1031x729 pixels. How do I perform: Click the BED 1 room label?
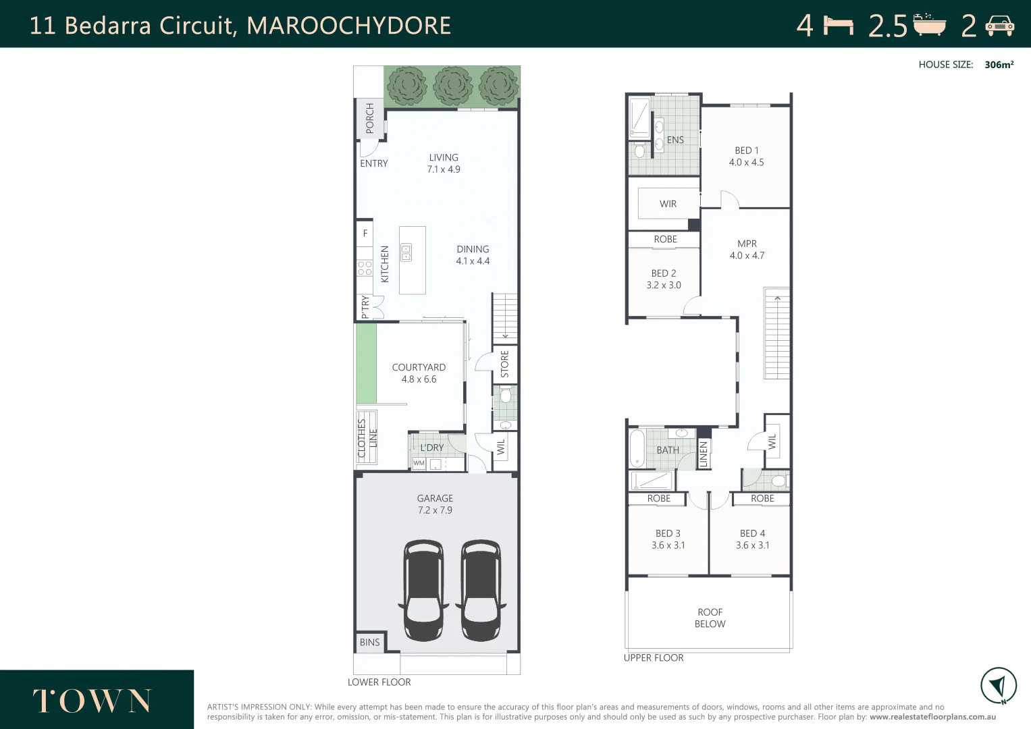(746, 156)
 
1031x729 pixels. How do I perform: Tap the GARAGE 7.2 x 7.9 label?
(435, 504)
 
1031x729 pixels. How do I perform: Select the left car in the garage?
(423, 590)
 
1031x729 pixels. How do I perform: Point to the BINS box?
(369, 642)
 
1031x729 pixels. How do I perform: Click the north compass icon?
(998, 686)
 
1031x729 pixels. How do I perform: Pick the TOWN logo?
(92, 701)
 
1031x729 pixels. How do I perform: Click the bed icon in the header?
(839, 26)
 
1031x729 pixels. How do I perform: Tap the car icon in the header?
(999, 26)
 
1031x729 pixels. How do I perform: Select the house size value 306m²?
(999, 65)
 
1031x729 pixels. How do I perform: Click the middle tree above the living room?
(452, 86)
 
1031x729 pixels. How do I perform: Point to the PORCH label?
(369, 118)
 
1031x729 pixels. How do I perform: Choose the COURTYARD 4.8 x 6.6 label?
(419, 373)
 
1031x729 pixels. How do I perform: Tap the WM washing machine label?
(419, 463)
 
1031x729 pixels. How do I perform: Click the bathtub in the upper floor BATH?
(637, 448)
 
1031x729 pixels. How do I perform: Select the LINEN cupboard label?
(703, 454)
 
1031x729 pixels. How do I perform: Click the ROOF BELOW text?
(710, 618)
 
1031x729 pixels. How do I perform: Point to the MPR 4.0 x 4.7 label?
(747, 249)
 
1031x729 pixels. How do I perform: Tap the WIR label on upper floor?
(668, 204)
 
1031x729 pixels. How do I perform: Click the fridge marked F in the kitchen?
(365, 234)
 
